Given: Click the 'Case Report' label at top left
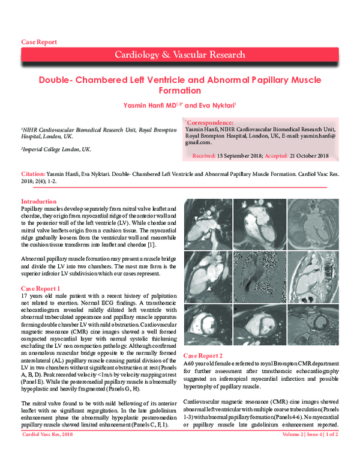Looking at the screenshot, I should click(x=39, y=42).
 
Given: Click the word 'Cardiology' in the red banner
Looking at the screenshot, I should click(x=138, y=55).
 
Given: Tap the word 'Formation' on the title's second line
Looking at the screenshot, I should click(x=179, y=91).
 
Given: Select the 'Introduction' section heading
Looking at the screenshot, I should click(x=39, y=201).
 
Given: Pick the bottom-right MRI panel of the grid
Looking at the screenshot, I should click(x=310, y=327).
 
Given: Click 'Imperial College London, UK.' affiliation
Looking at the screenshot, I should click(x=57, y=149).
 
